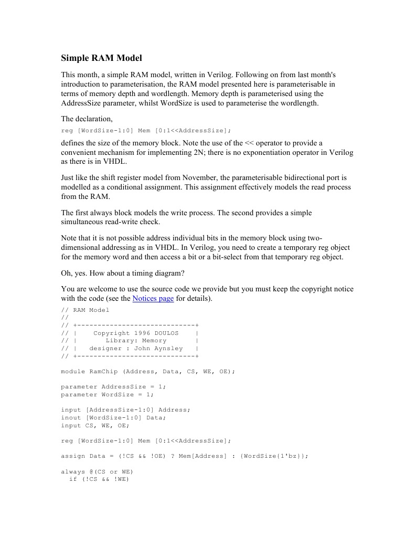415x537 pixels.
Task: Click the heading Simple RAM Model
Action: point(101,58)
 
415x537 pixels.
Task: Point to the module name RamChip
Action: point(103,371)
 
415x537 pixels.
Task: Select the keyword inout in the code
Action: point(71,417)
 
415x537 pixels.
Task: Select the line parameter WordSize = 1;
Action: point(107,394)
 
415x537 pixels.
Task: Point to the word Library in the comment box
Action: point(121,340)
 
